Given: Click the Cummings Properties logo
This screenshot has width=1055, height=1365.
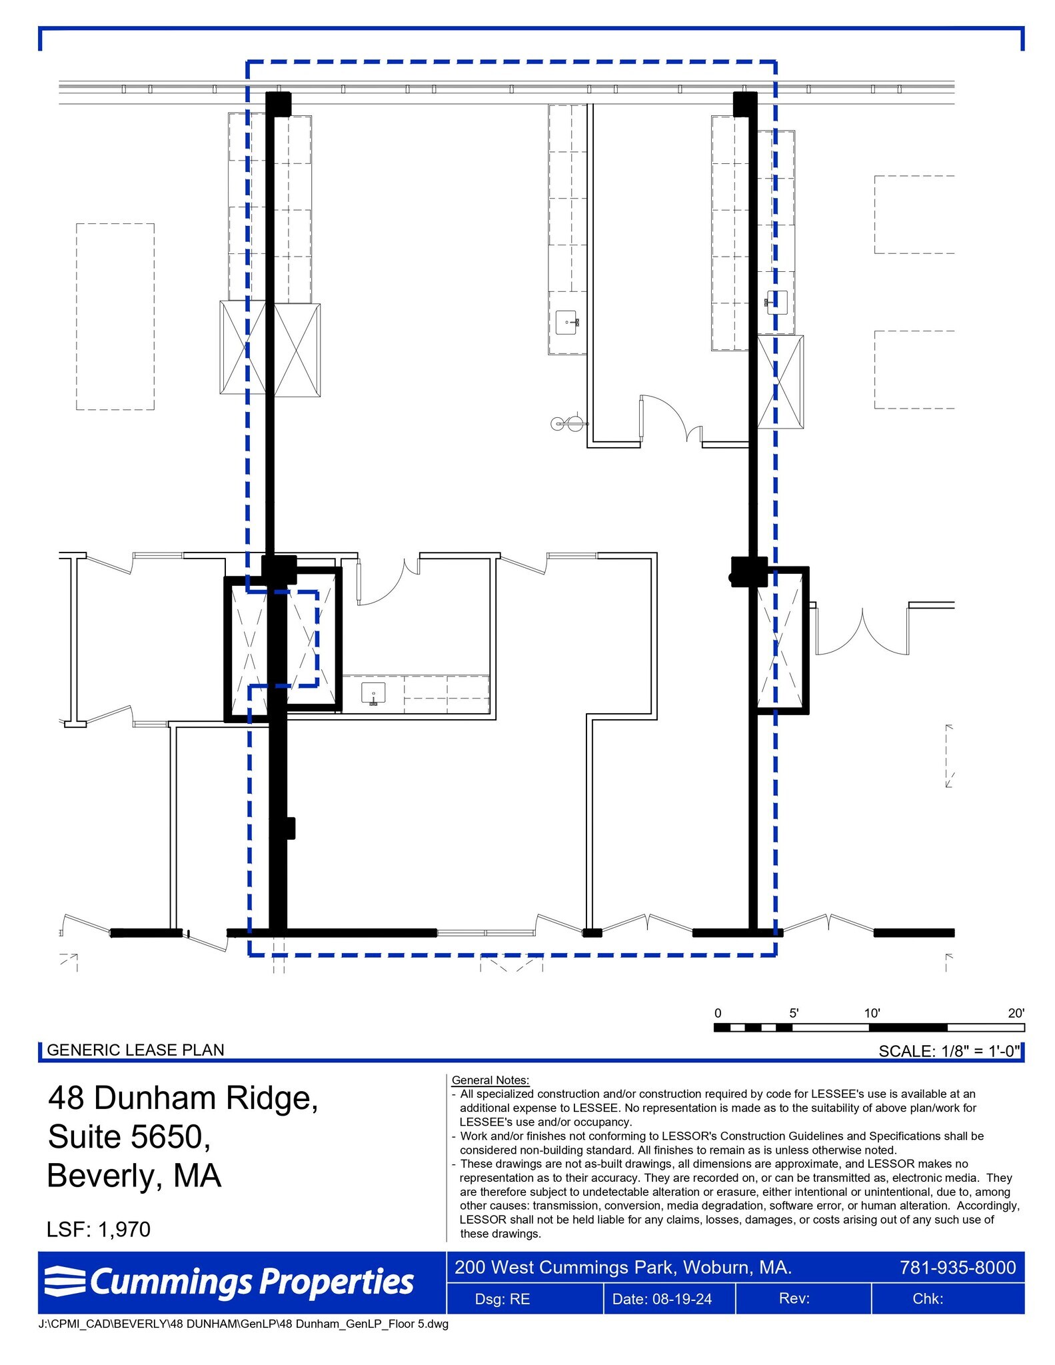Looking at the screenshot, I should tap(230, 1282).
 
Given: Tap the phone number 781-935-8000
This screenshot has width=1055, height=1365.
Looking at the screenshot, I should tap(957, 1267).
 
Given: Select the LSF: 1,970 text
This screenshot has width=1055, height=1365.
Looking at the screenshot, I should tap(99, 1229).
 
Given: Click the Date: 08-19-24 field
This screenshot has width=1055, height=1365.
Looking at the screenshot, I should tap(669, 1299).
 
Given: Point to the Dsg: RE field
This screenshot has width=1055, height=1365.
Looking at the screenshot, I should tap(503, 1299).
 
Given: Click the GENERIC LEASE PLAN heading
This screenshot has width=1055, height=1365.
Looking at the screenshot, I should tap(135, 1050).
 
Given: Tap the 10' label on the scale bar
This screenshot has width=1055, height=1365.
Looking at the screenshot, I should tap(872, 1013).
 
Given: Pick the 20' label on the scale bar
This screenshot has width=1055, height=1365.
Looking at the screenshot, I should tap(1016, 1013).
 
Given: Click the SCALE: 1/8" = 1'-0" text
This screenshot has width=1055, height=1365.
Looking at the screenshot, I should tap(949, 1051).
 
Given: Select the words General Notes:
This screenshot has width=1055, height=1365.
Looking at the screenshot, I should tap(490, 1080).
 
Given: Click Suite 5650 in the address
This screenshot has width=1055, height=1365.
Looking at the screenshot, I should tap(129, 1136).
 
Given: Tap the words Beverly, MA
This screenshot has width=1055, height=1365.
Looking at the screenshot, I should tap(134, 1175).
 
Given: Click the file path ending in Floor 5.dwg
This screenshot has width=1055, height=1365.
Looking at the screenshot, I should tap(243, 1324).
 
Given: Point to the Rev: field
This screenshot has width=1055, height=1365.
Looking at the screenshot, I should tap(794, 1298).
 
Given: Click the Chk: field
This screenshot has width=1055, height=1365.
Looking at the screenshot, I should tap(928, 1298).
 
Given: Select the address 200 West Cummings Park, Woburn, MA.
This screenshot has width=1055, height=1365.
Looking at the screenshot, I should tap(623, 1267).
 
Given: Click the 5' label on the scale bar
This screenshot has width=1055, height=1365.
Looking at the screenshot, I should tap(794, 1013).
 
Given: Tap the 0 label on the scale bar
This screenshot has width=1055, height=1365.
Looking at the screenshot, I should tap(718, 1013).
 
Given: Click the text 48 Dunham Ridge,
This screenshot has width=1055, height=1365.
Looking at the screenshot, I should tap(183, 1098).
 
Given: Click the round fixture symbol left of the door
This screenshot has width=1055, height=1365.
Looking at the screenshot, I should tap(558, 423).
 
